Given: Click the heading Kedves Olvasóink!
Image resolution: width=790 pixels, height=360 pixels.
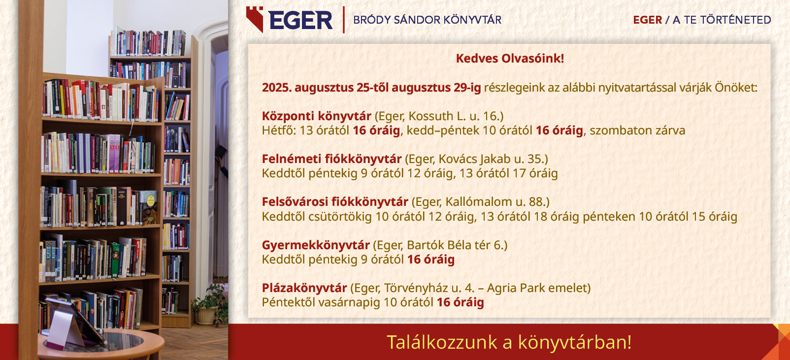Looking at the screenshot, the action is coord(510,58).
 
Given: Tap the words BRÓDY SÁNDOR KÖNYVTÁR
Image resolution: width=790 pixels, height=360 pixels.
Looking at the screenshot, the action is coord(427,20).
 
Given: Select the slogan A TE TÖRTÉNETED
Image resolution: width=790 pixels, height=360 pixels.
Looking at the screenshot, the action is coord(722,20).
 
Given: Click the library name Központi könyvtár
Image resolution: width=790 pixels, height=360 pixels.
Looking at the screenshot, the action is coord(316,116).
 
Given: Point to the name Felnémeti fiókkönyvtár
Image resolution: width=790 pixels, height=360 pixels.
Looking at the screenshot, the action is coord(331,159).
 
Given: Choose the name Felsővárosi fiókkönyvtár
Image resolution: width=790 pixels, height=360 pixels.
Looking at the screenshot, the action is coord(335,202).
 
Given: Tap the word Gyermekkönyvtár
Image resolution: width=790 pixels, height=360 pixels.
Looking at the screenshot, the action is coord(316,245).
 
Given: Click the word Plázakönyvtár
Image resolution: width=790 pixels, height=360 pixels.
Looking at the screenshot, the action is coord(304,288).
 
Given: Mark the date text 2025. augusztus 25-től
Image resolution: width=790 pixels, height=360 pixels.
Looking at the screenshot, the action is coord(325,88).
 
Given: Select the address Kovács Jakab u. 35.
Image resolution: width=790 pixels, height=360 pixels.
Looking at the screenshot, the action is coord(491,159).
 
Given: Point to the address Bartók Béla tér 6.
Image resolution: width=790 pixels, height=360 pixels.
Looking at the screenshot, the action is coord(455,245).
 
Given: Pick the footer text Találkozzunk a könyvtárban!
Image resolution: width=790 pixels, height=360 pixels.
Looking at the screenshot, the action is coord(509,342).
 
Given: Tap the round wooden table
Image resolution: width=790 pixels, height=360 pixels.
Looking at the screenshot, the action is coord(101,344).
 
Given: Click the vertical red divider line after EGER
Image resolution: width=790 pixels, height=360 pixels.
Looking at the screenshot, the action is coord(343,20).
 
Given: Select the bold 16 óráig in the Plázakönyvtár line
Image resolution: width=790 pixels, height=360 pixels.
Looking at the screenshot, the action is coord(460,302).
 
